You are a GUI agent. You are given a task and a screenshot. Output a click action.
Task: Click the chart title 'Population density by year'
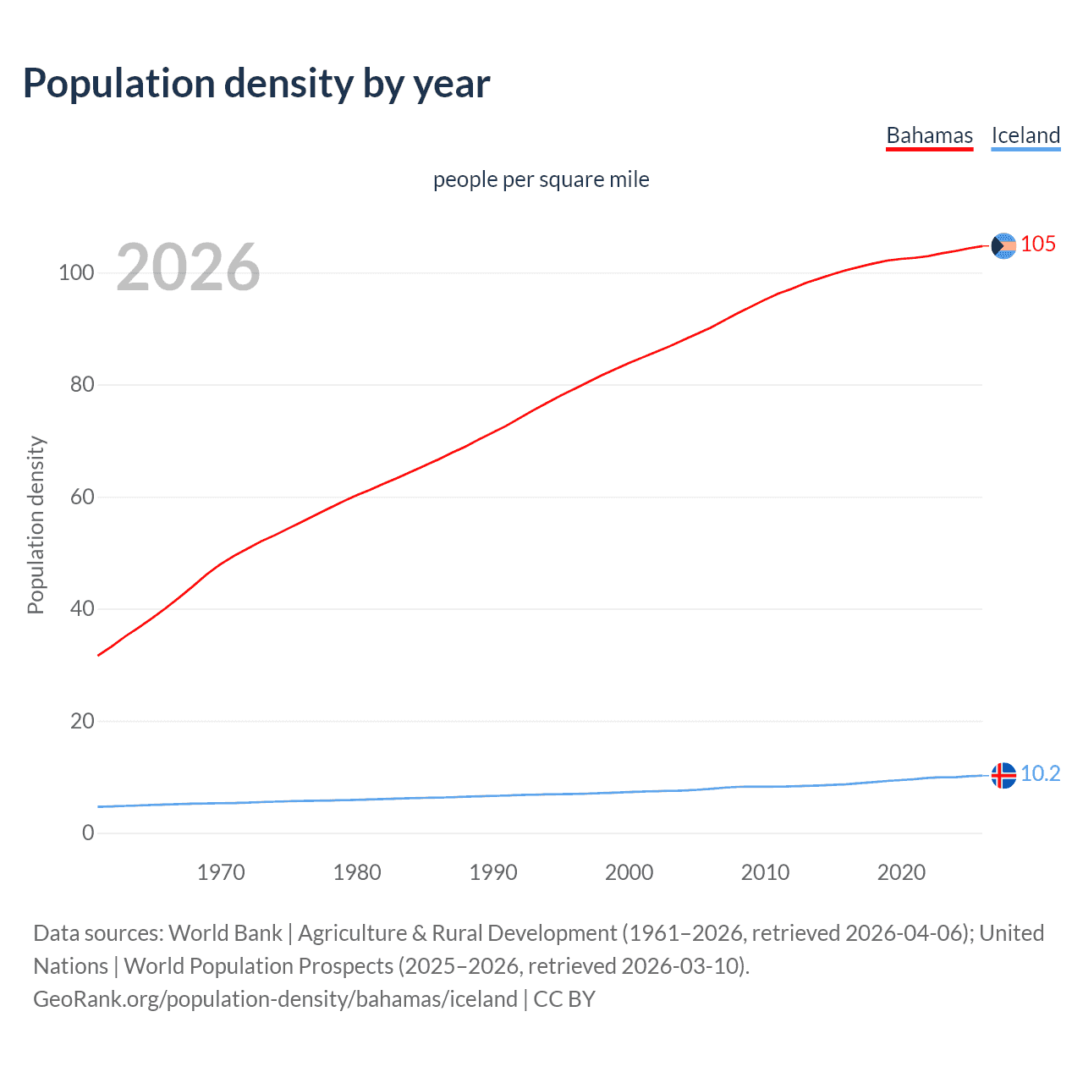click(x=256, y=84)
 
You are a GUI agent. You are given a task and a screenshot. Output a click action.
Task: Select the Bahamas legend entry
click(x=929, y=135)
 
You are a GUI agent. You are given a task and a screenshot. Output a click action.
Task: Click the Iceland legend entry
click(x=1025, y=135)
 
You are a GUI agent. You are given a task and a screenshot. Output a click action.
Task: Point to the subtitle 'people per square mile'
click(x=541, y=179)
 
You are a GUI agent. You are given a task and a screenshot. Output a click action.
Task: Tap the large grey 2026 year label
click(x=188, y=267)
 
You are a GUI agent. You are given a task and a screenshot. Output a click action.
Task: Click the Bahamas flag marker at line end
click(x=1003, y=245)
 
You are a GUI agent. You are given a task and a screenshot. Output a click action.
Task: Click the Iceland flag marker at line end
click(x=1003, y=775)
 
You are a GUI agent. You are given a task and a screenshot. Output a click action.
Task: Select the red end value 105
click(x=1038, y=245)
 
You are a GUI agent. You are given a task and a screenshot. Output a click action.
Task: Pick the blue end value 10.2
click(x=1040, y=774)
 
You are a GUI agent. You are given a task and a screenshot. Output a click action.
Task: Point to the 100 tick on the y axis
click(x=76, y=272)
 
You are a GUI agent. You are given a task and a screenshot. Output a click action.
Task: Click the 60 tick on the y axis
click(x=82, y=497)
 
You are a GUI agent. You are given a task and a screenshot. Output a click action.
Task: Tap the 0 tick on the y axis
click(x=88, y=833)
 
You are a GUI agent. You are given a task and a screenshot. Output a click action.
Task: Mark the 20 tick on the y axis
click(x=82, y=721)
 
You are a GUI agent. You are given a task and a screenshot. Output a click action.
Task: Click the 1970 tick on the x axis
click(x=221, y=872)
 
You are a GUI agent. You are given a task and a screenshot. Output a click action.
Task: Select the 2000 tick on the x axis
click(x=629, y=872)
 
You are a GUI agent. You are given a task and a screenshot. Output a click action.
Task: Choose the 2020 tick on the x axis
click(x=901, y=872)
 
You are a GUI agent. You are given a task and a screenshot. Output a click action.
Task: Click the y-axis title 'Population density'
click(x=36, y=525)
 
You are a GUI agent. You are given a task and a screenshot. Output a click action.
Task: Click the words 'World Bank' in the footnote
click(x=225, y=933)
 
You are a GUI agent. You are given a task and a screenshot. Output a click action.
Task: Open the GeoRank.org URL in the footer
click(x=275, y=999)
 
